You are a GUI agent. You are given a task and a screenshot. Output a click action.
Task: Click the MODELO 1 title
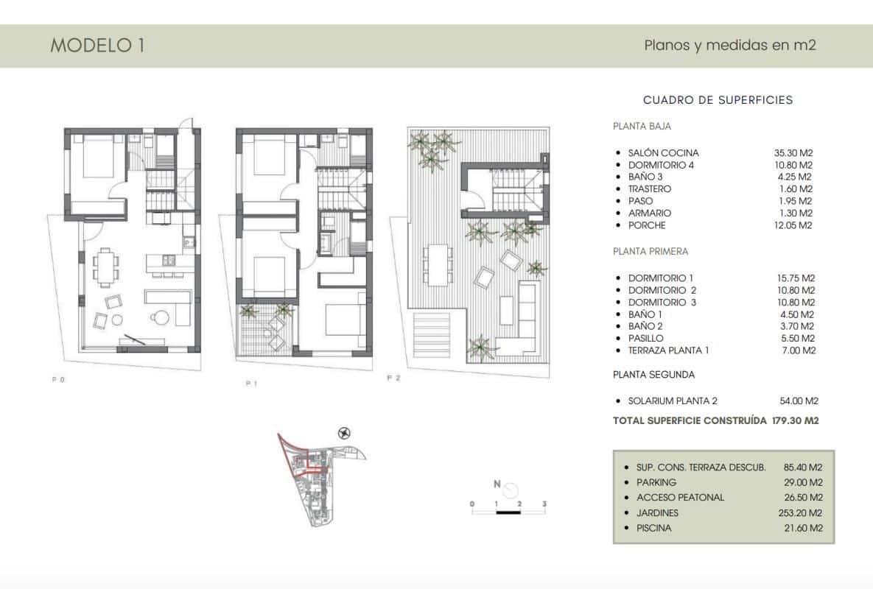coord(97,46)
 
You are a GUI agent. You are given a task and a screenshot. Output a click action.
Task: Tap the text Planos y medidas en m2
coord(730,46)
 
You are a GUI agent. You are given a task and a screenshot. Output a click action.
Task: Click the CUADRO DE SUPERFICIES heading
coord(718,100)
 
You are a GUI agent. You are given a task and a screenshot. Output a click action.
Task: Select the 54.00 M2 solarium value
coord(799,401)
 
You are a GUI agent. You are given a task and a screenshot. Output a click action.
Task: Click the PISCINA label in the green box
coord(653,529)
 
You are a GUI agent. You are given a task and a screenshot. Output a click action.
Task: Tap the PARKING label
coord(656,482)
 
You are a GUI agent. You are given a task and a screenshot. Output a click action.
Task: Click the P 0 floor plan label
coord(59,379)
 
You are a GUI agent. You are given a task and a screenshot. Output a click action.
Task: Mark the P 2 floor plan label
coord(393,378)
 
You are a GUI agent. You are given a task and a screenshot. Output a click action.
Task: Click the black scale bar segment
coord(508,511)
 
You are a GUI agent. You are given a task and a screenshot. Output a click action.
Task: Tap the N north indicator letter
coord(497,484)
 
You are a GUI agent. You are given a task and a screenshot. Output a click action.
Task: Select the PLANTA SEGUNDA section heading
coord(653,375)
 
